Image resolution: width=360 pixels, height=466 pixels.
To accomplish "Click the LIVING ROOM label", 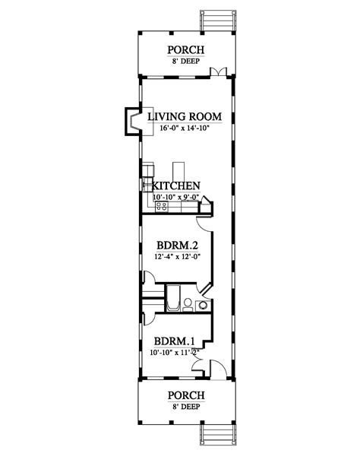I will coord(184,116).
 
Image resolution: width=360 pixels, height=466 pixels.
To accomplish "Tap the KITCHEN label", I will coord(176,185).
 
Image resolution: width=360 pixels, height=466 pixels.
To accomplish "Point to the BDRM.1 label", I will coord(174,341).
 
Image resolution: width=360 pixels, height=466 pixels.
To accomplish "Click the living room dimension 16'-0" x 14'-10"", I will coord(184,129).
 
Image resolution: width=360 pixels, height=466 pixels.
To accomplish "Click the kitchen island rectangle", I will coord(179,169).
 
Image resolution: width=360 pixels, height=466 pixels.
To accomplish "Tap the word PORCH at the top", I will coord(183,51).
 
